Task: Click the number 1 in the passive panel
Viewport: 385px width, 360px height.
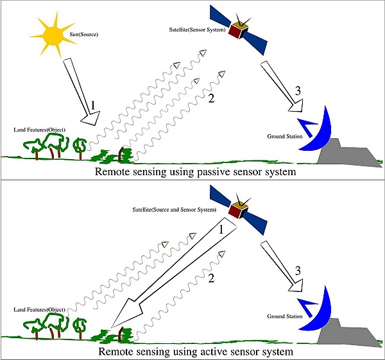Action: (x=93, y=104)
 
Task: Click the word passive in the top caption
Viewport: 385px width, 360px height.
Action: (x=211, y=172)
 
